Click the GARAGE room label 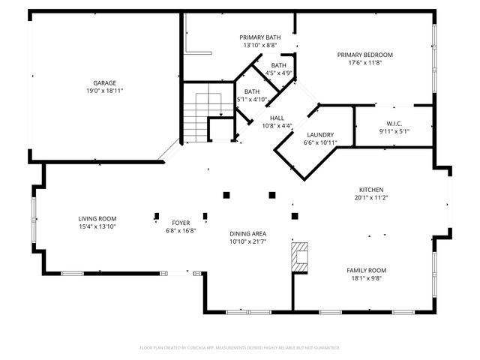pos(103,82)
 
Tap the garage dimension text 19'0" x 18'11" pos(103,90)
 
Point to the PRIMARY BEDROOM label pos(364,55)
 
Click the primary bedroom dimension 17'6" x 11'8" pos(364,62)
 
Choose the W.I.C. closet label pos(395,124)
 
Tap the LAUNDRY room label pos(320,134)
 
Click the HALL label pos(277,118)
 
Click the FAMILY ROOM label pos(366,270)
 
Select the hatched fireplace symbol pos(300,256)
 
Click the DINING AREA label pos(247,234)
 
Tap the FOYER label pos(181,223)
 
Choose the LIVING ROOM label pos(97,218)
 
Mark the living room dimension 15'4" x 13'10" pos(97,226)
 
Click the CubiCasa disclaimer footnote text pos(240,348)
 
